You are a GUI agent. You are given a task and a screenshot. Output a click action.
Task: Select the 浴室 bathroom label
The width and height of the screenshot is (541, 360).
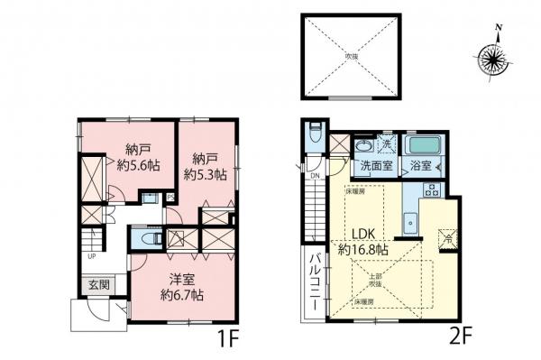pyautogui.click(x=421, y=166)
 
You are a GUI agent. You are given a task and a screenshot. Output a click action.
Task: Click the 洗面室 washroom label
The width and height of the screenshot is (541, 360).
pyautogui.click(x=377, y=166)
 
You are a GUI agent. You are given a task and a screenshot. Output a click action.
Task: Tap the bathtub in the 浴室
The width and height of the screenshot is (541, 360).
pyautogui.click(x=421, y=145)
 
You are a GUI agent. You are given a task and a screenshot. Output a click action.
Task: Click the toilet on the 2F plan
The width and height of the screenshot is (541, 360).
pyautogui.click(x=314, y=134)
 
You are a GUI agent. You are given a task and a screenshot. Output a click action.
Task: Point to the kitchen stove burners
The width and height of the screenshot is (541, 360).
pyautogui.click(x=431, y=191)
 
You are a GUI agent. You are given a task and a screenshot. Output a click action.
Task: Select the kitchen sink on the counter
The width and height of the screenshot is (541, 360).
pyautogui.click(x=411, y=219)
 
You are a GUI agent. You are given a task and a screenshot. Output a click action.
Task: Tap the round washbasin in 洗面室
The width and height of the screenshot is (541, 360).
pyautogui.click(x=362, y=146)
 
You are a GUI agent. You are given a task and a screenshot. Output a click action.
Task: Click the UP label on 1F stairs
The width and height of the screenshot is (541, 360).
pyautogui.click(x=92, y=256)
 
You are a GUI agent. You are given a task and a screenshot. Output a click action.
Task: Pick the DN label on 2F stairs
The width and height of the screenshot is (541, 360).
pyautogui.click(x=316, y=176)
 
